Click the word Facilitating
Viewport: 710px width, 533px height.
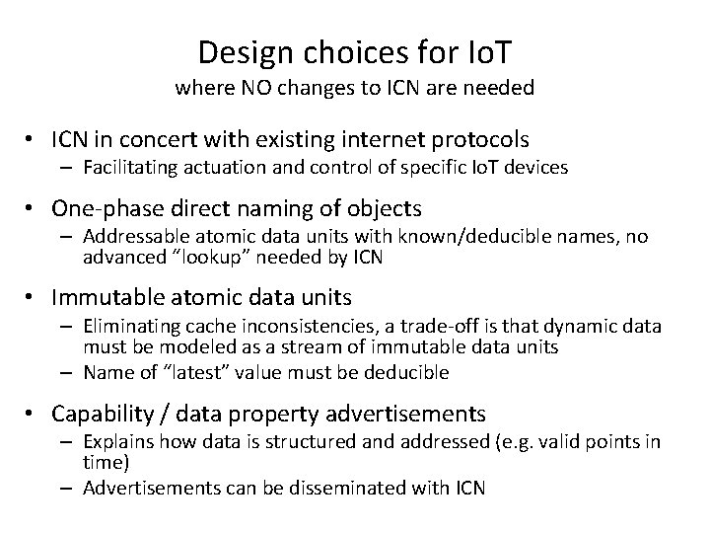click(x=129, y=167)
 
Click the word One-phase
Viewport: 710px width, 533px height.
click(x=101, y=209)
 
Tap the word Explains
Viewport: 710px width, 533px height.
click(x=116, y=441)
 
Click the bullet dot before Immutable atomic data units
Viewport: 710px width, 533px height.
click(x=35, y=298)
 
